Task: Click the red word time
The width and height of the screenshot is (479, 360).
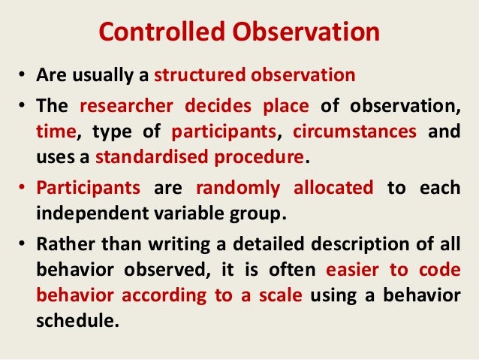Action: pos(53,132)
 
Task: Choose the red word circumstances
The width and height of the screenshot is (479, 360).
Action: pos(354,132)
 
